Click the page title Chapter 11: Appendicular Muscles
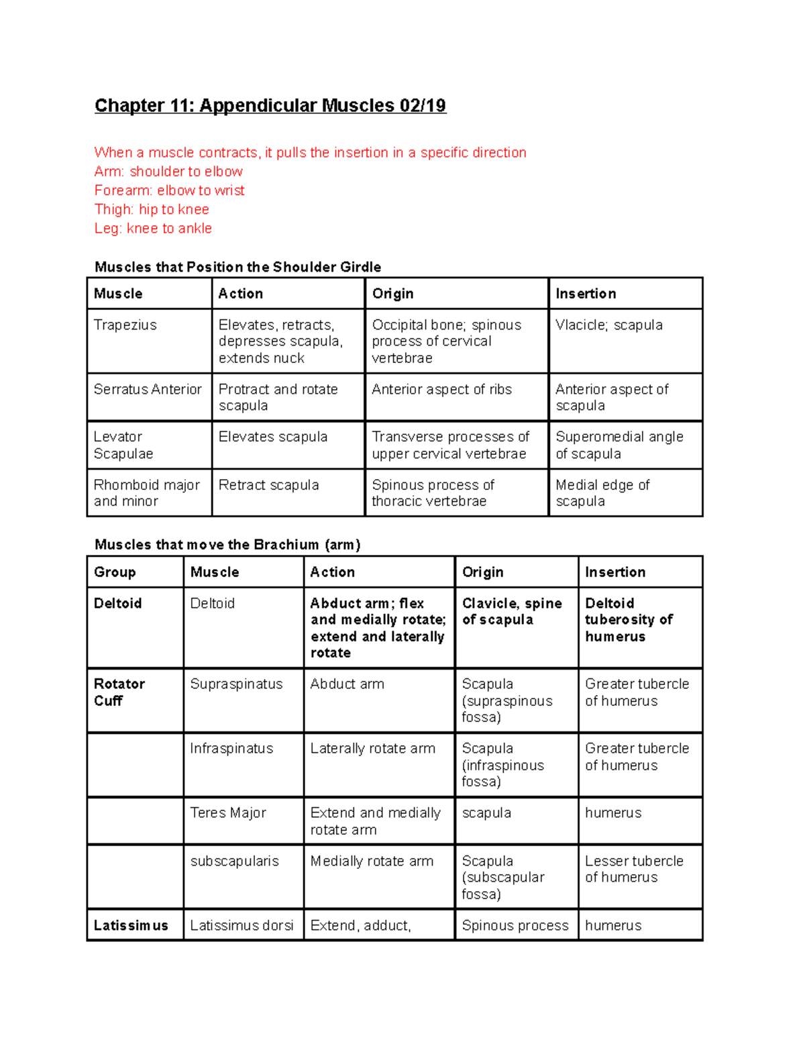[x=270, y=105]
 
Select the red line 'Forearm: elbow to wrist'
[x=169, y=191]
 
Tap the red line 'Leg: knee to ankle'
[x=153, y=229]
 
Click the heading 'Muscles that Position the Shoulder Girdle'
[x=237, y=267]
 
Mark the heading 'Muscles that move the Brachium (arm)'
[x=227, y=545]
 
